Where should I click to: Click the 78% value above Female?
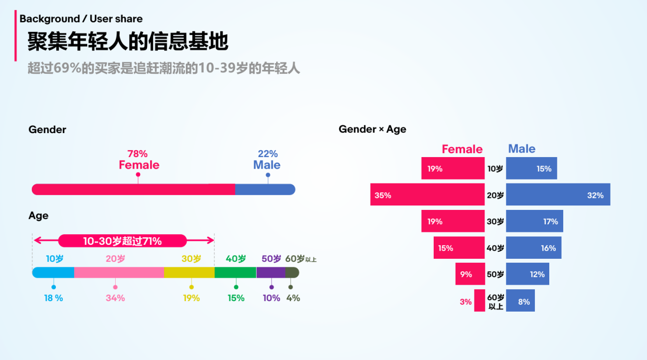(138, 154)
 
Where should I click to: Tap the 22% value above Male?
(268, 154)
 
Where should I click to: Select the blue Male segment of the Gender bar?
(265, 189)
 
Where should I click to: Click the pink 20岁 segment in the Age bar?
(119, 272)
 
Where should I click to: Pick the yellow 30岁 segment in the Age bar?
(189, 272)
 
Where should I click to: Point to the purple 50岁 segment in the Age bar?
(271, 272)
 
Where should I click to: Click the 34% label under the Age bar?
(115, 298)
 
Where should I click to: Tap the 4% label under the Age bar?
(293, 298)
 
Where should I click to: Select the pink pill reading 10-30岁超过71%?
(122, 241)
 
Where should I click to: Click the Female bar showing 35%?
(427, 194)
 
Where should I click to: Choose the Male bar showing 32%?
(558, 194)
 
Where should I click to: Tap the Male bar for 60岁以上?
(520, 301)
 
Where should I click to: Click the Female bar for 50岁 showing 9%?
(470, 274)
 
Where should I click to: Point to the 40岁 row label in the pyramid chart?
(495, 248)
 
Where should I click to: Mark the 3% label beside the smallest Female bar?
(466, 302)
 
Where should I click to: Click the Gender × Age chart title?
(372, 129)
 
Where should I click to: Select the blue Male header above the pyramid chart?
(521, 149)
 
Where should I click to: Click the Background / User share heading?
(81, 19)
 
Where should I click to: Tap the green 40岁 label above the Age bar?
(236, 259)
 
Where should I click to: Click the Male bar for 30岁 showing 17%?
(534, 221)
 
